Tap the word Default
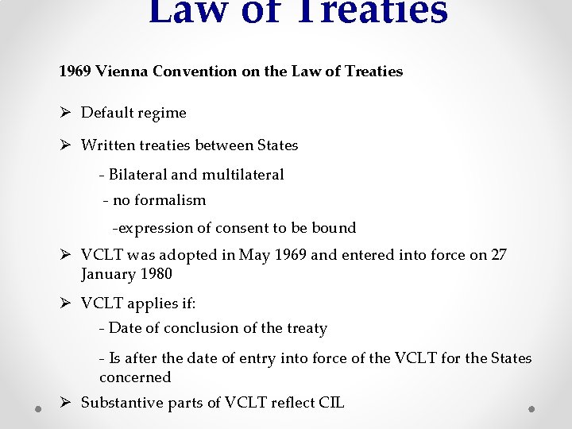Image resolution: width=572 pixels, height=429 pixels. point(107,113)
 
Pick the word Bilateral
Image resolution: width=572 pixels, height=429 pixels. point(137,174)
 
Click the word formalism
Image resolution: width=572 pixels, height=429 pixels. point(170,200)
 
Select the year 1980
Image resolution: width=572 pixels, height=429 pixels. point(155,274)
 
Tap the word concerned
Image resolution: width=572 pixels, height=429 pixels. point(135,377)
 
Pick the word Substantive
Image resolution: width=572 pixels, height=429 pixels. point(122,403)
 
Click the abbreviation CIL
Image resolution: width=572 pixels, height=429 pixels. point(330,403)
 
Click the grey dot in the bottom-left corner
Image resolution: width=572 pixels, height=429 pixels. point(38,408)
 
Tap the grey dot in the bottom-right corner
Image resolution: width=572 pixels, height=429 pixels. point(532,408)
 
